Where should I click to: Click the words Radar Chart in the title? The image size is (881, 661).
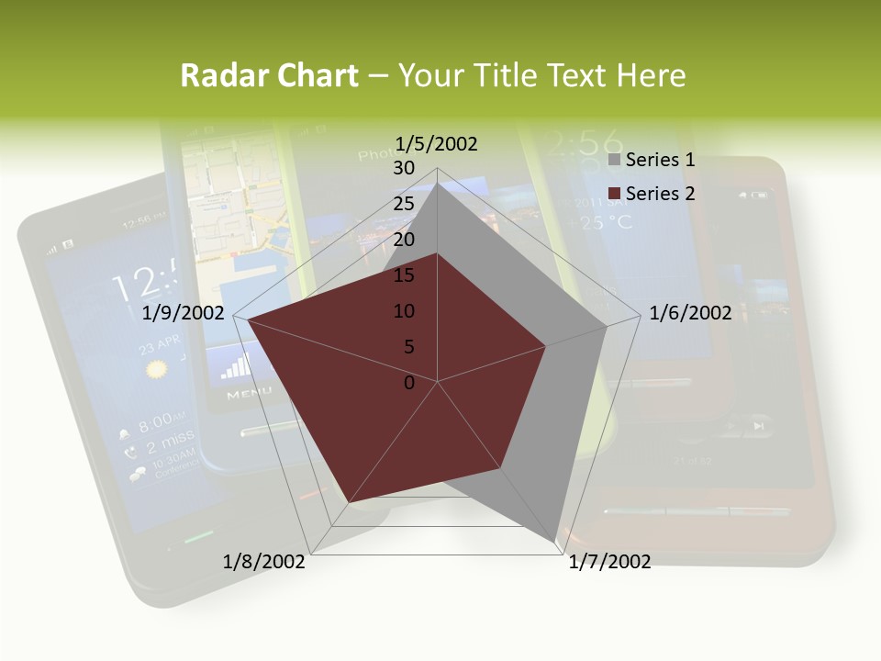269,75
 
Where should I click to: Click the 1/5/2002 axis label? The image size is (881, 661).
437,143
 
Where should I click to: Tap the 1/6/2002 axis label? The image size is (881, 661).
690,313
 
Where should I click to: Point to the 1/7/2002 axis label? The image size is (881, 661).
610,562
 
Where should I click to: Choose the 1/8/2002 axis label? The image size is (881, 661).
264,562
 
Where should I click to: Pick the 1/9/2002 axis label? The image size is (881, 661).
184,313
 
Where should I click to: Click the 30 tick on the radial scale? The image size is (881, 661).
404,168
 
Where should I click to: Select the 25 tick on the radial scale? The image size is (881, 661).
404,204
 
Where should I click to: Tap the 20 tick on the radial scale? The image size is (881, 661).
404,240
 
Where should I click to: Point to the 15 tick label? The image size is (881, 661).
404,275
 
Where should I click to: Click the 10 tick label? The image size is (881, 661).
404,311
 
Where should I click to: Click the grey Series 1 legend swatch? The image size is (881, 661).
615,161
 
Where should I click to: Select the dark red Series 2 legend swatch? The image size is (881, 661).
615,194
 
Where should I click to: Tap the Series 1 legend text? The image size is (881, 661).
660,161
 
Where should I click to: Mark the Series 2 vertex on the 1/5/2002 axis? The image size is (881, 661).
438,253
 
